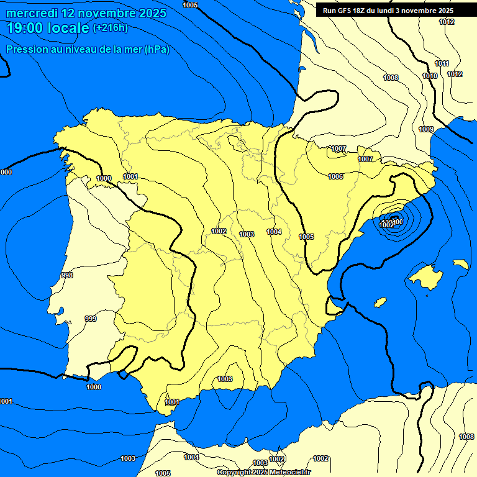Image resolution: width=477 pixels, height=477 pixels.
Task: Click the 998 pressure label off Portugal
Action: coord(67,275)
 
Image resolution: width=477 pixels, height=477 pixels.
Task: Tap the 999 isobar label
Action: coord(91,319)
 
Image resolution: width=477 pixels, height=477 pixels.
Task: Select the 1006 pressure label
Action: coord(335,177)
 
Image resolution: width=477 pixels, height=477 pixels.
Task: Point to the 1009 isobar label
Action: coord(426,129)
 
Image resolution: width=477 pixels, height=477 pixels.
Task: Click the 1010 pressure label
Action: coord(430,76)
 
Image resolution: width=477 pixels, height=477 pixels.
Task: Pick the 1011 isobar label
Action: coord(442,64)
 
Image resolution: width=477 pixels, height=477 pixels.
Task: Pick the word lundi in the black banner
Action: coord(386,11)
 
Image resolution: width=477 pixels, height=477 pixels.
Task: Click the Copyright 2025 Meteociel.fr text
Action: coord(263,473)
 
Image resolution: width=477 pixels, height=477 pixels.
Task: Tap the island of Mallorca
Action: coord(425,275)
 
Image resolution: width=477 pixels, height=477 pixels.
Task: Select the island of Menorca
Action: coord(460,264)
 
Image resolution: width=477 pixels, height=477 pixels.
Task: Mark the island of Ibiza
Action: coord(379,302)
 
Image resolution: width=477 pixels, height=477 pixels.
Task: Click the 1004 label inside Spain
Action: coord(274,232)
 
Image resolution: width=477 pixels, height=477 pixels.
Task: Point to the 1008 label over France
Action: coord(391,78)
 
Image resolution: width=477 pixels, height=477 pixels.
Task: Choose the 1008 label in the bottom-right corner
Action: coord(466,437)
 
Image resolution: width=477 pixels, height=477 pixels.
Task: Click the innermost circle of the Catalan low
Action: coord(396,220)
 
